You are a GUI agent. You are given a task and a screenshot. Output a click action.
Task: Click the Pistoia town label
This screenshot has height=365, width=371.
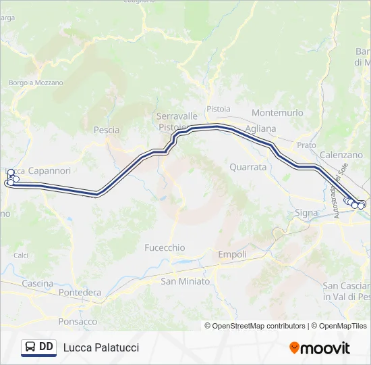pyautogui.click(x=219, y=109)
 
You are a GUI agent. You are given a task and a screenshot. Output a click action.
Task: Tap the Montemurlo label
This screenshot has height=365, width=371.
pyautogui.click(x=277, y=113)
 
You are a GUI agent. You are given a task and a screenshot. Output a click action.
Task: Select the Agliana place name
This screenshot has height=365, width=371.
pyautogui.click(x=261, y=128)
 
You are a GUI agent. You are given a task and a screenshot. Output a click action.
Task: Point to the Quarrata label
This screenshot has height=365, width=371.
pyautogui.click(x=248, y=167)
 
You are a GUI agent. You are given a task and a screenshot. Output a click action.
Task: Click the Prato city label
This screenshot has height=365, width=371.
pyautogui.click(x=306, y=145)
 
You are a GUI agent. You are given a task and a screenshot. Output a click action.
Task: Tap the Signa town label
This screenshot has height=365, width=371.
pyautogui.click(x=306, y=213)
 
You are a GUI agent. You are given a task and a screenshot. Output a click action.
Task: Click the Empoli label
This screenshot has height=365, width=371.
pyautogui.click(x=232, y=255)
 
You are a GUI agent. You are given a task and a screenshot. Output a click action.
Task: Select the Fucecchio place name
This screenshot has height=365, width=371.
pyautogui.click(x=165, y=248)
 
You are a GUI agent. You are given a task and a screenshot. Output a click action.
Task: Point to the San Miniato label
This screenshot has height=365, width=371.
pyautogui.click(x=185, y=281)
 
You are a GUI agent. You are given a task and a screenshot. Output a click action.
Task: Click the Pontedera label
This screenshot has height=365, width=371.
pyautogui.click(x=80, y=293)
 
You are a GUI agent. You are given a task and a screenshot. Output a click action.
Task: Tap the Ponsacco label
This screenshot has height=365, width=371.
pyautogui.click(x=78, y=322)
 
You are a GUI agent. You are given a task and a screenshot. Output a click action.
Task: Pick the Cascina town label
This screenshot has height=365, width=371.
pyautogui.click(x=38, y=283)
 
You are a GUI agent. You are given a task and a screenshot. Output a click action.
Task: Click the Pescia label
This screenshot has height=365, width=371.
pyautogui.click(x=107, y=130)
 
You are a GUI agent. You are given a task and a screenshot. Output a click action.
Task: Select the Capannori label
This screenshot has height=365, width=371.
pyautogui.click(x=49, y=171)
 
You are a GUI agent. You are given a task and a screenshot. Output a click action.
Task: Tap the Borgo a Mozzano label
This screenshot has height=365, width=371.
pyautogui.click(x=36, y=82)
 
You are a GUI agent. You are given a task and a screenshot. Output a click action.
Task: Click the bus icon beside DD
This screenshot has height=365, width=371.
pyautogui.click(x=30, y=347)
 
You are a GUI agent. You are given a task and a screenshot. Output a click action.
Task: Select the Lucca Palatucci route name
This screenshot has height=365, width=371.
pyautogui.click(x=101, y=347)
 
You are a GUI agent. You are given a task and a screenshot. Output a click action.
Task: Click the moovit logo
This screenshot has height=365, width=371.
pyautogui.click(x=320, y=348)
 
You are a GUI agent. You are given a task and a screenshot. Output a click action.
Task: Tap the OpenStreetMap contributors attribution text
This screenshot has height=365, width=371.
pyautogui.click(x=255, y=326)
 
